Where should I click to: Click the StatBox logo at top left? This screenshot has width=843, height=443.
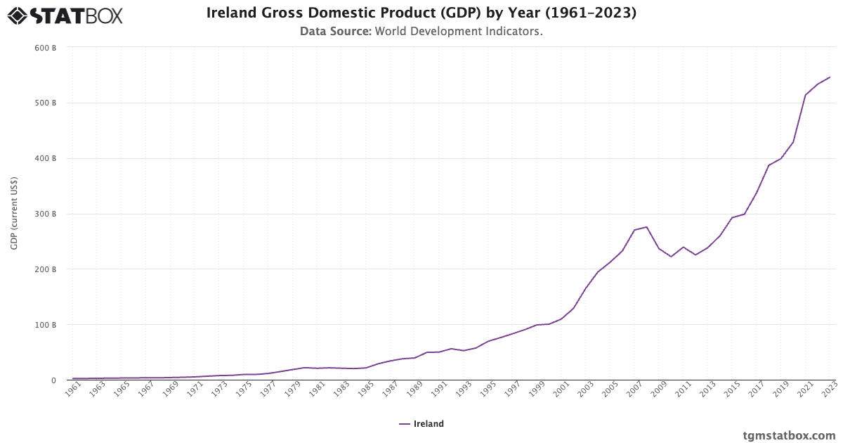[65, 15]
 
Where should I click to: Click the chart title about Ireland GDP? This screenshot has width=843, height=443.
[421, 13]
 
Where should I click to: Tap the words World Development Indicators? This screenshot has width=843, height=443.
[458, 32]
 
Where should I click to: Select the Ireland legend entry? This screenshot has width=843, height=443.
[421, 424]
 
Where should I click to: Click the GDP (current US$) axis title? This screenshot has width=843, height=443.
[14, 214]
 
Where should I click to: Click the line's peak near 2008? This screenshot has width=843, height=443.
[646, 226]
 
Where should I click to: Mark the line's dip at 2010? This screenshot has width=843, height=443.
[671, 257]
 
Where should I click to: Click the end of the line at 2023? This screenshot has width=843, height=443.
[830, 77]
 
